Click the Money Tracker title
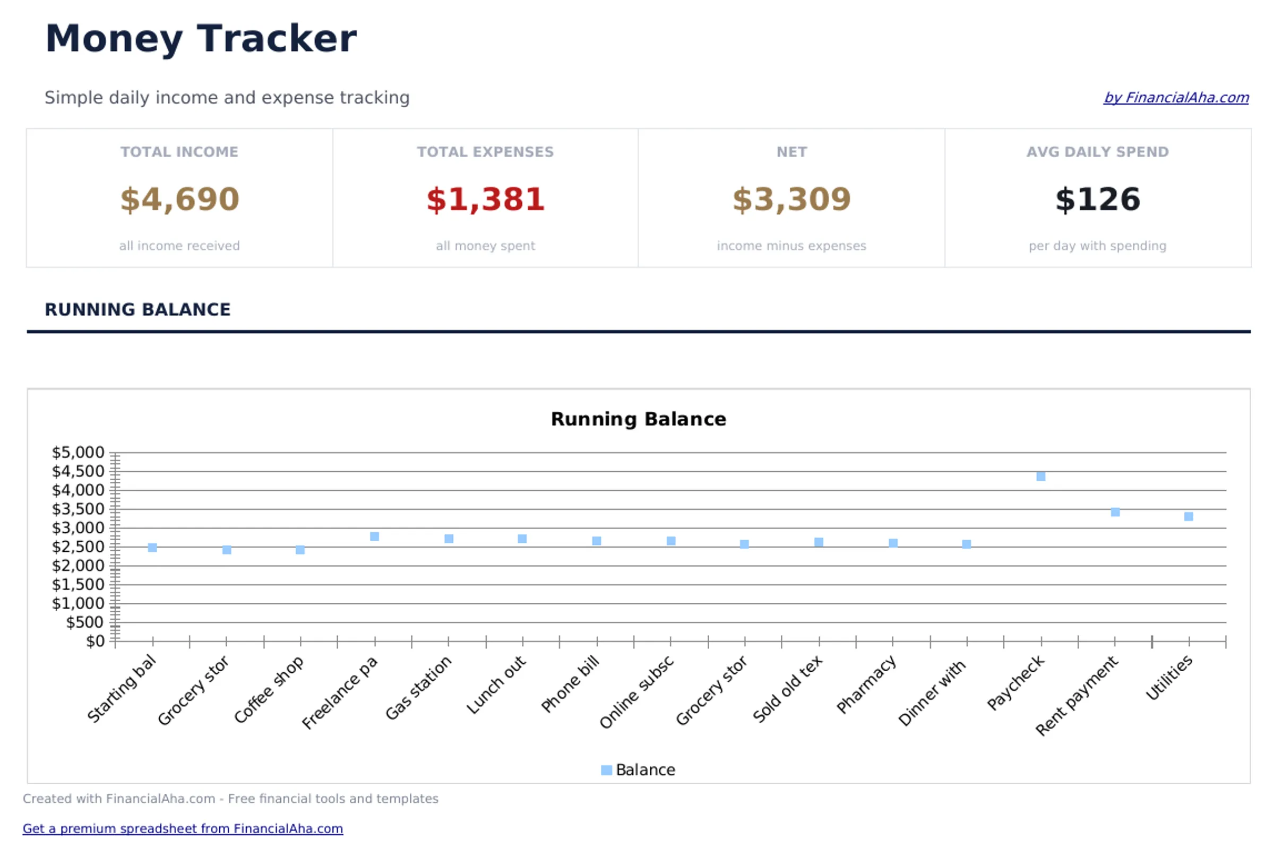[x=200, y=38]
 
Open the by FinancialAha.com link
[x=1175, y=98]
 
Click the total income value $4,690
[x=179, y=199]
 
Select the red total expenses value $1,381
[x=485, y=199]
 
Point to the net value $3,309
[x=791, y=199]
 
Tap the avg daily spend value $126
[x=1097, y=199]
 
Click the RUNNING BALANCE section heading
[x=137, y=310]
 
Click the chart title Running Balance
[x=638, y=419]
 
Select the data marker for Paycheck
[x=1041, y=476]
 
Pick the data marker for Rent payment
[x=1115, y=512]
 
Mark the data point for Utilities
[x=1189, y=517]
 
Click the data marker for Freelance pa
[x=374, y=537]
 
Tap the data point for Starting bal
[x=153, y=548]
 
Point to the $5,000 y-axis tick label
[x=78, y=453]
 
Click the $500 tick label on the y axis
[x=84, y=622]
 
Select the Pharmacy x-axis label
[x=866, y=685]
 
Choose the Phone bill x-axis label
[x=570, y=685]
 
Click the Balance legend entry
[x=638, y=770]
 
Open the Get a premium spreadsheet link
[x=183, y=828]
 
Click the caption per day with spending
[x=1097, y=246]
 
